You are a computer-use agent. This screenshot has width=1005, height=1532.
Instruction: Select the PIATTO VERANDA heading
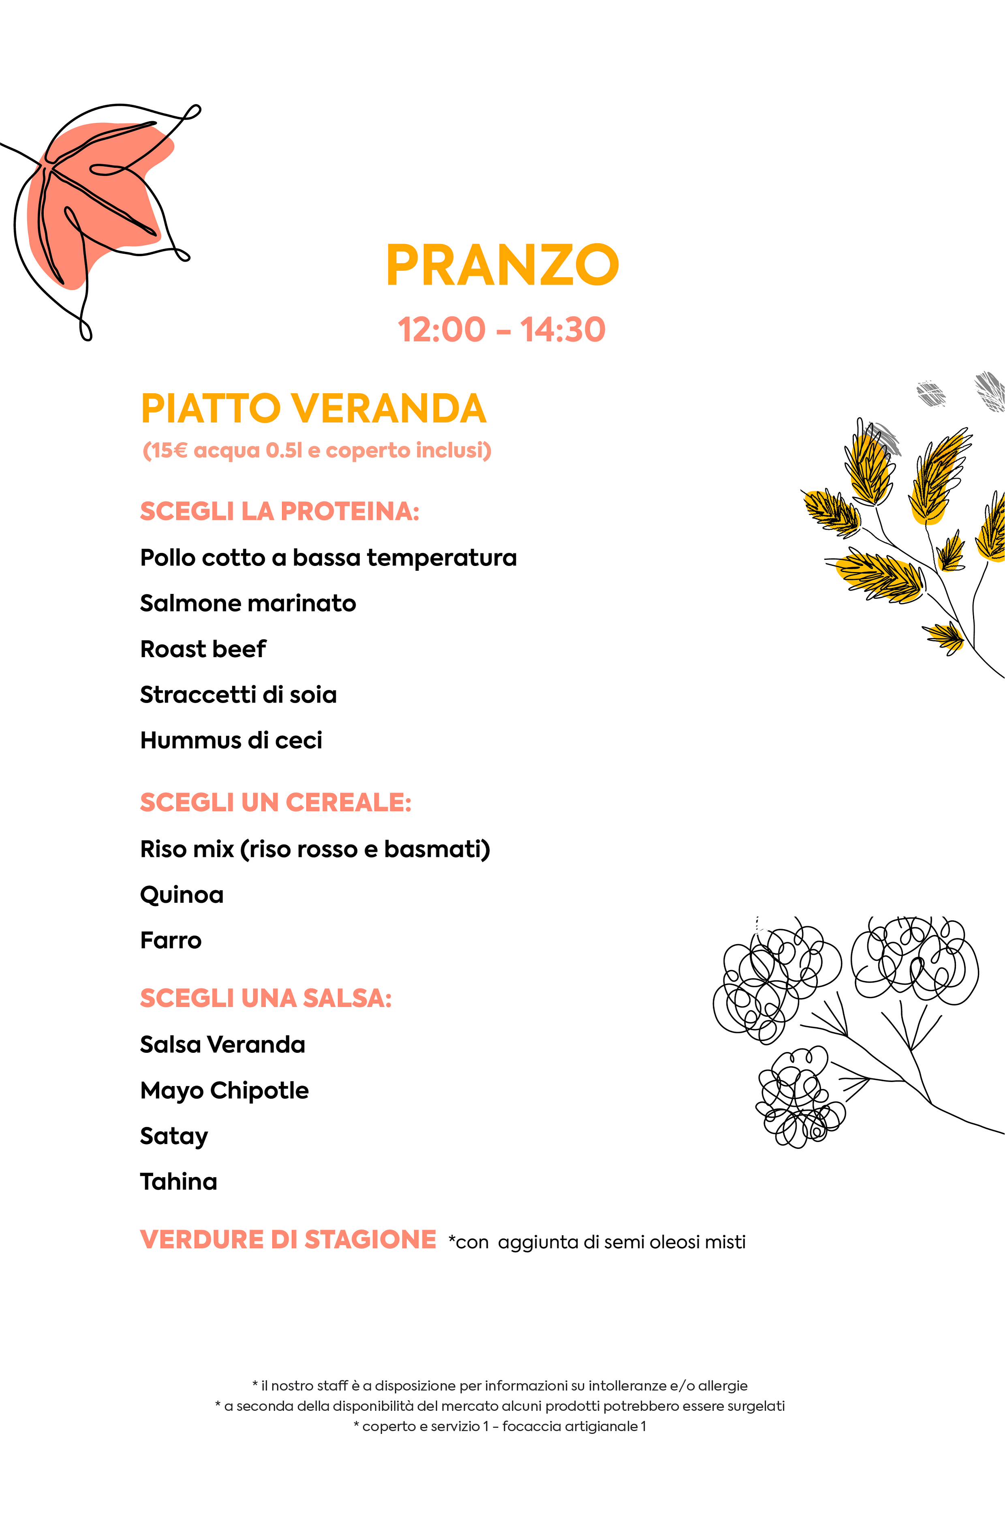(313, 409)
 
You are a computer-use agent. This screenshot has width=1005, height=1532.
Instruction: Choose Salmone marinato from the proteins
(248, 603)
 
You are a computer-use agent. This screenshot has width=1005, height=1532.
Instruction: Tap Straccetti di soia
(238, 694)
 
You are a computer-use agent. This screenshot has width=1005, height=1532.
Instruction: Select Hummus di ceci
(231, 740)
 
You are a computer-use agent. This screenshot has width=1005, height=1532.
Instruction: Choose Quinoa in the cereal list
(182, 895)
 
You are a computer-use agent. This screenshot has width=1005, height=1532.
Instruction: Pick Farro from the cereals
(171, 941)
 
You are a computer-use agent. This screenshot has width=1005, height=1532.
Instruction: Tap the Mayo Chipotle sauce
(225, 1091)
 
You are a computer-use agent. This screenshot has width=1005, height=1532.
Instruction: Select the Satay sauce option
(174, 1136)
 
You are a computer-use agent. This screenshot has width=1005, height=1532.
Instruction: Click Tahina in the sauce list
(179, 1182)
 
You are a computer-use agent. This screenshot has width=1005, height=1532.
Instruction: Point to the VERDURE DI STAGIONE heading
(288, 1240)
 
